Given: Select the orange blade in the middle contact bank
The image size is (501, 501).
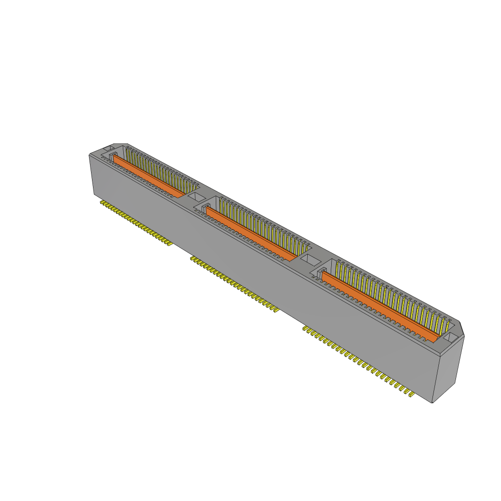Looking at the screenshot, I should click(x=250, y=233).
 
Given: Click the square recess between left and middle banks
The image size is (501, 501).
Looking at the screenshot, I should click(x=196, y=197).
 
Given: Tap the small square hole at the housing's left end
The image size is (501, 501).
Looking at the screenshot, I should click(x=108, y=149).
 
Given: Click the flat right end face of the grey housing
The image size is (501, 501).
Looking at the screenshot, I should click(x=448, y=367).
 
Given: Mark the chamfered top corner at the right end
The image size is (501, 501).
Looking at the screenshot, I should click(x=461, y=327).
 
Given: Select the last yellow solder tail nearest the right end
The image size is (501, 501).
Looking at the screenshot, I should click(x=411, y=394).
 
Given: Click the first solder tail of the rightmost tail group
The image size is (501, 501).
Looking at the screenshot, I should click(x=305, y=328).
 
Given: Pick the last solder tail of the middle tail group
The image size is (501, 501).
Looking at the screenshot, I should click(x=275, y=310).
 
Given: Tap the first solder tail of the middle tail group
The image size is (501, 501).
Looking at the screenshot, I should click(x=192, y=258).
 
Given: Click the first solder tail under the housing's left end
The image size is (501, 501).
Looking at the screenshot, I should click(x=102, y=202).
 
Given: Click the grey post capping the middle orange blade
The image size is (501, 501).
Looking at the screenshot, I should click(x=205, y=210).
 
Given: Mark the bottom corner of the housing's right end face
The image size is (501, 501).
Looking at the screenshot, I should click(x=433, y=403).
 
